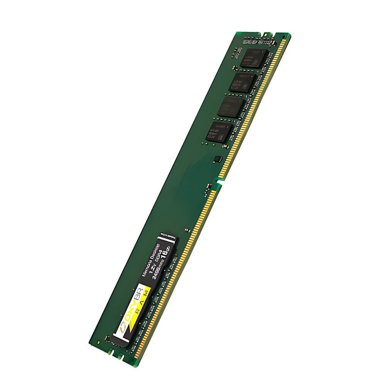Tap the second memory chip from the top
242,82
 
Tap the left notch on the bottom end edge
111,352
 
